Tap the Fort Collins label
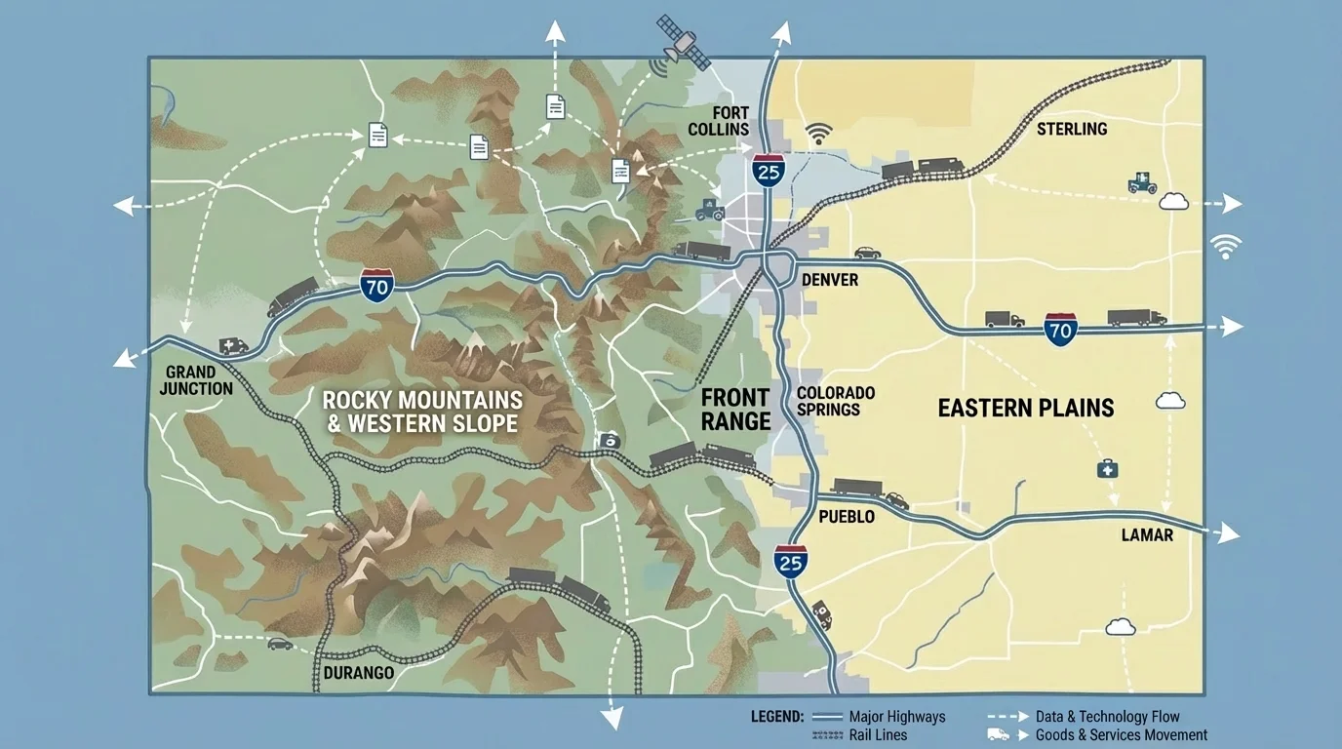718,121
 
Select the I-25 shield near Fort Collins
769,170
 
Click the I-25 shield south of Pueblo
791,561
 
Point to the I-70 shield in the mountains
377,285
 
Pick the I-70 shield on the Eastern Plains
1060,329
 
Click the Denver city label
829,280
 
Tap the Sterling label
1071,129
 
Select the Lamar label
1147,534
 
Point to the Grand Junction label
199,380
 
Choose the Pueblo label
846,516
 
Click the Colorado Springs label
835,401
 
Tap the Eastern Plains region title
1025,408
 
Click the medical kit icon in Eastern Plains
1107,469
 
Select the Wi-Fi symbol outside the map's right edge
1225,246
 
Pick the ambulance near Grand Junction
233,345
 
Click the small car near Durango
280,644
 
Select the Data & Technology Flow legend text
1108,717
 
